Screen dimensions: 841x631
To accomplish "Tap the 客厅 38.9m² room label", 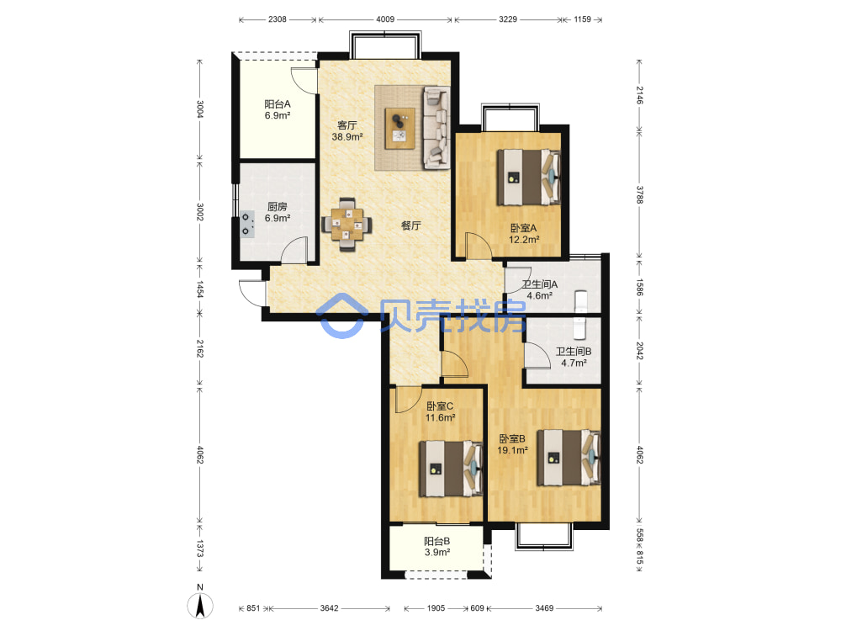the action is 347,131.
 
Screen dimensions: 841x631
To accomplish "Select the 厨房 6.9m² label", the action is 278,213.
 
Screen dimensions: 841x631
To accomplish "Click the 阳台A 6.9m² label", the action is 278,109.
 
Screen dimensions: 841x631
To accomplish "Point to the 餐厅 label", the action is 411,225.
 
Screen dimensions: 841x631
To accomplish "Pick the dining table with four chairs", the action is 346,225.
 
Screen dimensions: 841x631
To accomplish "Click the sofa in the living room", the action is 436,127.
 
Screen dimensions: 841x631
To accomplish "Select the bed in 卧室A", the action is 529,177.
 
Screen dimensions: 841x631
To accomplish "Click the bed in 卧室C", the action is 451,469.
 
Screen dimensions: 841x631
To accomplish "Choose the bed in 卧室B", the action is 569,457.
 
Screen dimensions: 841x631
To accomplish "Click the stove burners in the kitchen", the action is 247,225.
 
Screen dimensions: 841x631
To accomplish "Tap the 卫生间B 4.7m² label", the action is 574,357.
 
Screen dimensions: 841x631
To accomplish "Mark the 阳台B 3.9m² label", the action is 437,546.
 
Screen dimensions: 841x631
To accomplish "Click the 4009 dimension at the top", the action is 385,19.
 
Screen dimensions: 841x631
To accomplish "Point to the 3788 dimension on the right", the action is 639,195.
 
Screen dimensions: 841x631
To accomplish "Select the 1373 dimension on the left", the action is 199,549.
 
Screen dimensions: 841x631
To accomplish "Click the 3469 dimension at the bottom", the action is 544,608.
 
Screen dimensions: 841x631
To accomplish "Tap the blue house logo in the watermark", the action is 341,315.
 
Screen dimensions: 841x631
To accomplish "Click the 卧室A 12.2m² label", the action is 523,234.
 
